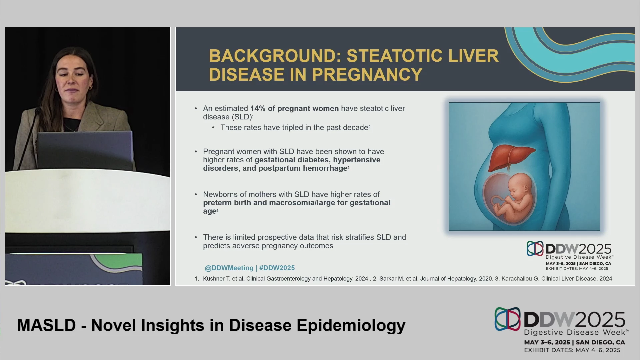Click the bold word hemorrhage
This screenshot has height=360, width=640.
tap(325, 168)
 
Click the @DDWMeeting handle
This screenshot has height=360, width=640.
tap(229, 268)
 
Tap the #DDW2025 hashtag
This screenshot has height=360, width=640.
tap(277, 268)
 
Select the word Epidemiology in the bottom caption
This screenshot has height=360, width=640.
tap(351, 326)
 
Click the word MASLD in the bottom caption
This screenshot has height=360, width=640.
tap(46, 325)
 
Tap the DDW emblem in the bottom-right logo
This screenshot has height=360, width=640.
tap(507, 319)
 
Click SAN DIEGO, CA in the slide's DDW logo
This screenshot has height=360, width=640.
tap(595, 264)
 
